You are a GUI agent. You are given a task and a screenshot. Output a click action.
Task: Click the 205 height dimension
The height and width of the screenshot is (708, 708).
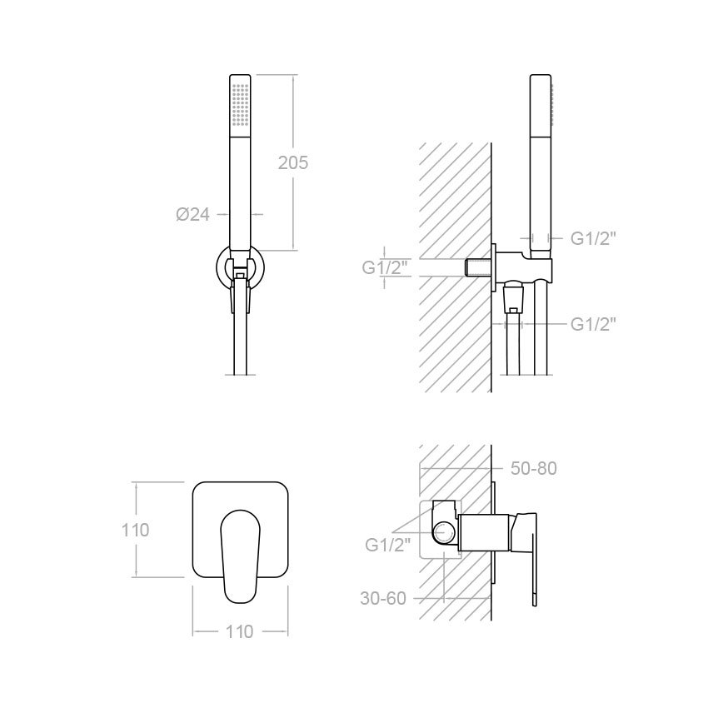293,162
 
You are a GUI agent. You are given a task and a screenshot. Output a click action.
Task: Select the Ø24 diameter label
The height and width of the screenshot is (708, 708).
192,214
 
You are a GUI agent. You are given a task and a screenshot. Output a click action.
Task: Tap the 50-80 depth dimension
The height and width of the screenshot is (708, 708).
534,469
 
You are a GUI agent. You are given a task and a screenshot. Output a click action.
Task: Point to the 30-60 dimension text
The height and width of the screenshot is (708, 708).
383,598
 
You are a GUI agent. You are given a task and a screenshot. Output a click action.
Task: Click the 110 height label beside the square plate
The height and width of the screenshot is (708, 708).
135,530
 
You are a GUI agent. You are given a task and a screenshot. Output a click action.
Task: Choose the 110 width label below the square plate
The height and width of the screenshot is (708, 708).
239,631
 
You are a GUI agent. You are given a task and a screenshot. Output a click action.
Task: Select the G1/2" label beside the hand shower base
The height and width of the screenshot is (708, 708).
593,238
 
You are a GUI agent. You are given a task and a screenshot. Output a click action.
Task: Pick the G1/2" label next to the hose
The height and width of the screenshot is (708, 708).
593,324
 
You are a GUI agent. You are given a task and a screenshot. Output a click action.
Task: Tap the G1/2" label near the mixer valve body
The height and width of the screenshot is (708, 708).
388,545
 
